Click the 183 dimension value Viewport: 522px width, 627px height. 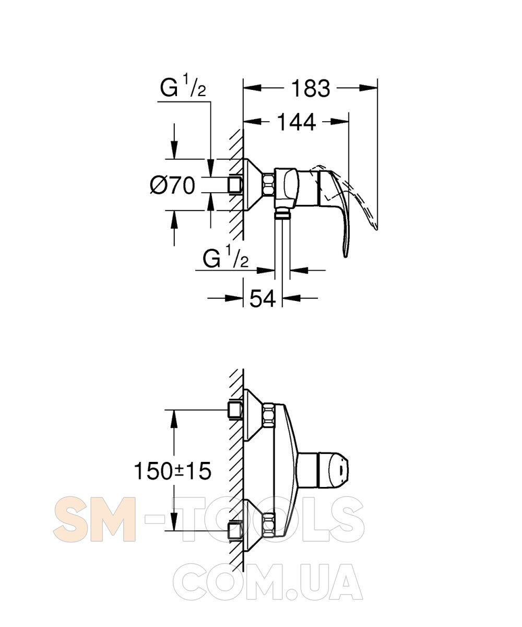311,88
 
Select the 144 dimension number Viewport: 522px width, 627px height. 296,122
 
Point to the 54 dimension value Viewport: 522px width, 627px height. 262,298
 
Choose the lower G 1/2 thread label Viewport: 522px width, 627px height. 226,257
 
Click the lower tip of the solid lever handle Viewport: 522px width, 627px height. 346,257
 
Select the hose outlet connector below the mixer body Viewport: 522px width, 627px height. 282,213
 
